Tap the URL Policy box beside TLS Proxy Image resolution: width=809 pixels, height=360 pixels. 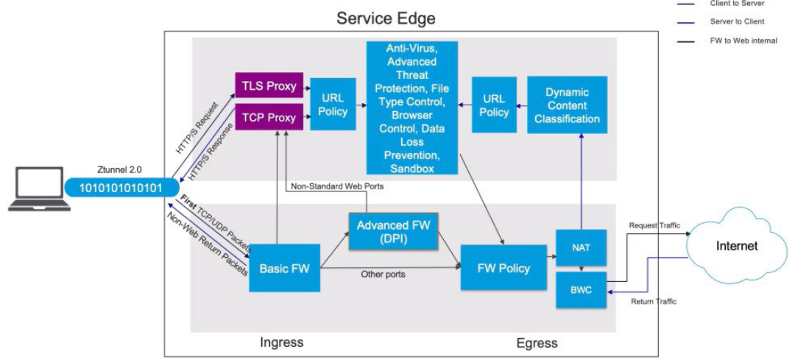pyautogui.click(x=333, y=104)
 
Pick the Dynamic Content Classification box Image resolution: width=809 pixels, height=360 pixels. pyautogui.click(x=567, y=105)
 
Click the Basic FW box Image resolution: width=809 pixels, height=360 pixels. pyautogui.click(x=284, y=268)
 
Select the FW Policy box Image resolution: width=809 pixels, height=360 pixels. pyautogui.click(x=504, y=268)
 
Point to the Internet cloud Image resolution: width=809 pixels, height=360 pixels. pyautogui.click(x=736, y=245)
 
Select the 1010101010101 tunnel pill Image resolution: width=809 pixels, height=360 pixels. pyautogui.click(x=120, y=186)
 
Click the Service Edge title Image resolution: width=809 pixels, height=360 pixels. pyautogui.click(x=385, y=18)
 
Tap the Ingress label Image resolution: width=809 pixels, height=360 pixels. pyautogui.click(x=281, y=342)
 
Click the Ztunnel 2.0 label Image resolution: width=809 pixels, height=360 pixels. pyautogui.click(x=120, y=169)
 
